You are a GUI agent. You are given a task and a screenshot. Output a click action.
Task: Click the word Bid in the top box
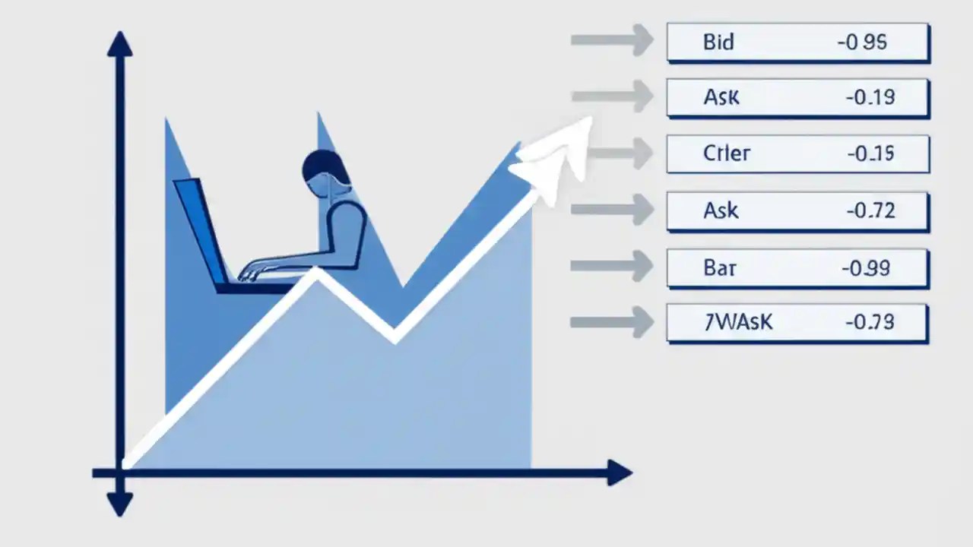click(718, 42)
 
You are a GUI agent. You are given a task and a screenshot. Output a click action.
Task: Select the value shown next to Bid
click(861, 43)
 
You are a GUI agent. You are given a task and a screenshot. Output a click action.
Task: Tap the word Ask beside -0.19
click(721, 97)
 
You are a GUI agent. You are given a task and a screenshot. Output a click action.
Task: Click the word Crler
click(726, 153)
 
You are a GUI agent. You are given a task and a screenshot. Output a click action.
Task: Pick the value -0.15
click(870, 153)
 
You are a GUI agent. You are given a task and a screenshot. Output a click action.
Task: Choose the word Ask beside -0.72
click(721, 210)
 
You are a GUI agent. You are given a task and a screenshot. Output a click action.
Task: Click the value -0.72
click(870, 210)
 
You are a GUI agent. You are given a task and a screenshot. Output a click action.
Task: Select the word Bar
click(719, 268)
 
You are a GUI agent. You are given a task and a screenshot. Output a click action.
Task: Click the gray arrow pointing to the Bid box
click(612, 40)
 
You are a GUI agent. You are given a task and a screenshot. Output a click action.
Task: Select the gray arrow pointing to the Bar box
click(612, 266)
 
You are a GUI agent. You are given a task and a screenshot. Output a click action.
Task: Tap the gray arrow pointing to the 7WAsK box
click(612, 322)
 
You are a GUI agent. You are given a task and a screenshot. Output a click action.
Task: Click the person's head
click(325, 169)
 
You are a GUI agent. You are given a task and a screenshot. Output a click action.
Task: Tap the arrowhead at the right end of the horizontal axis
click(619, 473)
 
